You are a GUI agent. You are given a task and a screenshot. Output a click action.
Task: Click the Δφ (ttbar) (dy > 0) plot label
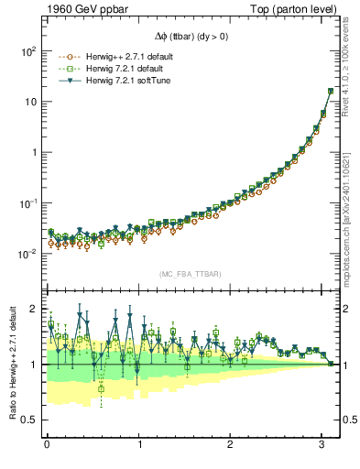pos(191,41)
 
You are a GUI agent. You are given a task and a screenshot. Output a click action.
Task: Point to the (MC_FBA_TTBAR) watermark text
pos(190,274)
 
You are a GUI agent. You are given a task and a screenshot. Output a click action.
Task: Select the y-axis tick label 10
pos(29,102)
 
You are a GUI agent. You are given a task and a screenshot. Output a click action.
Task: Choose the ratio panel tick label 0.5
pos(28,420)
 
